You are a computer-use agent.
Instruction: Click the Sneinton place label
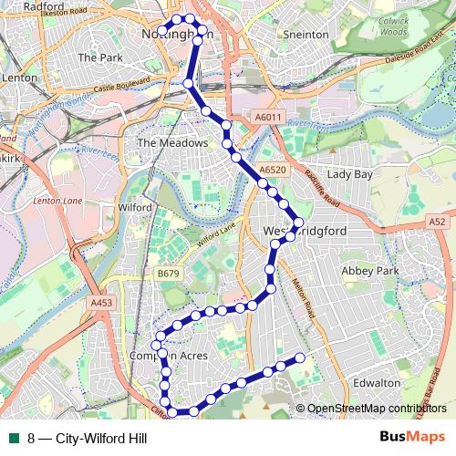tap(306, 34)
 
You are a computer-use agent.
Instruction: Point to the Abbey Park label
tap(370, 272)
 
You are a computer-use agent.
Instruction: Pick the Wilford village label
tap(134, 208)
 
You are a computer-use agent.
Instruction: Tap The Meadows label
tap(165, 143)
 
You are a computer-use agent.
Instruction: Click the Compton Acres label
tap(169, 356)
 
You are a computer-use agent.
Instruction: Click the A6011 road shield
tap(267, 117)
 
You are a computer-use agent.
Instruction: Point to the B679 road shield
tap(167, 273)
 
